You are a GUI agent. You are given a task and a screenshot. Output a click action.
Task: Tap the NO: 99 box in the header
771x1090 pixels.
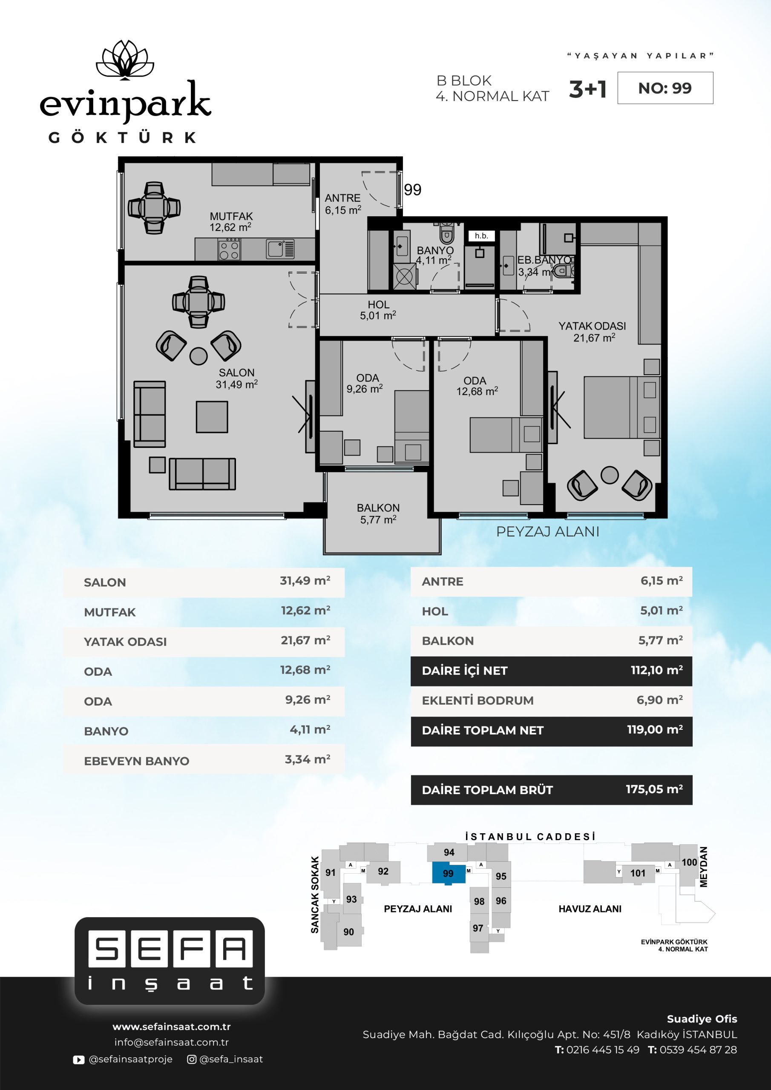coord(665,88)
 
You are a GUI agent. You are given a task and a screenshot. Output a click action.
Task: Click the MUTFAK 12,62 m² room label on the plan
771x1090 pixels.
coord(231,222)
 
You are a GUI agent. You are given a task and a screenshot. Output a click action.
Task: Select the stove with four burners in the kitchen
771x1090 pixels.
coord(230,249)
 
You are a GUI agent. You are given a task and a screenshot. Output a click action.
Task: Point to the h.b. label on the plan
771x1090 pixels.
coord(481,236)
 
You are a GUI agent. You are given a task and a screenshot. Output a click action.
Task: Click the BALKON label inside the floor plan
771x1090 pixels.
coord(378,513)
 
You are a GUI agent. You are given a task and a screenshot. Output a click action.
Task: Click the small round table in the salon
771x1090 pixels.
coord(199,356)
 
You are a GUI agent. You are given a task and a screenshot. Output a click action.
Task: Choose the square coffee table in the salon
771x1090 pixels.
coord(212,417)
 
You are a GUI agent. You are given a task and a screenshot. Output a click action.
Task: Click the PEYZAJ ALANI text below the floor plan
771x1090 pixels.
coord(548,532)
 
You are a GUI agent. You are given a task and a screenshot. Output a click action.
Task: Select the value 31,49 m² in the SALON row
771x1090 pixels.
coord(305,581)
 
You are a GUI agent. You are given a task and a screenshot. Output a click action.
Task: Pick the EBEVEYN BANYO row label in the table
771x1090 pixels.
coord(136,761)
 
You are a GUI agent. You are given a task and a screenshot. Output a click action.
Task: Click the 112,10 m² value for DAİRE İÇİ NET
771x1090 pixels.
coord(656,670)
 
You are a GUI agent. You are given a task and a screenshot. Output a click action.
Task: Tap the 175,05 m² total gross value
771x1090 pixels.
coord(654,789)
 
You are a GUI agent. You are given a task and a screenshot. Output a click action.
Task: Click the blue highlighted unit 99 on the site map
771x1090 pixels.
coord(449,874)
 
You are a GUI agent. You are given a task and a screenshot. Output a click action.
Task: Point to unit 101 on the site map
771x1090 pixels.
coord(638,873)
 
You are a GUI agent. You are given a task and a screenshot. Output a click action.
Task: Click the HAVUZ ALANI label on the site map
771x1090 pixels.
coord(590,909)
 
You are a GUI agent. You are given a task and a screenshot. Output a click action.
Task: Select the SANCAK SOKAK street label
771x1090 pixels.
coord(314,895)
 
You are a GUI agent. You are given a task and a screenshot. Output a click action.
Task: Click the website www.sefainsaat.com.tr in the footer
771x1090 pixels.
coord(172,1027)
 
